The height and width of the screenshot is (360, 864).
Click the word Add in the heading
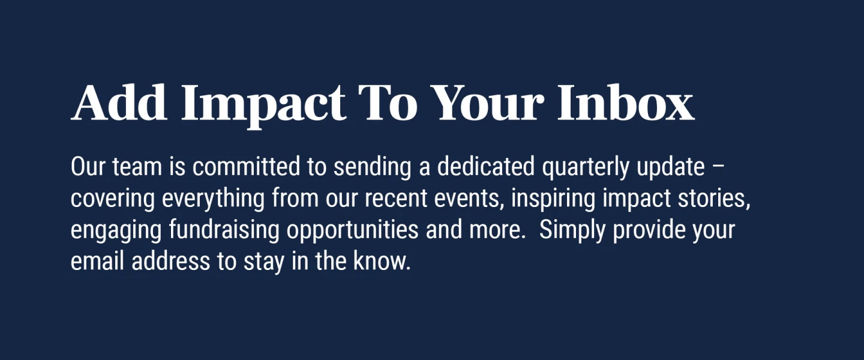tap(119, 102)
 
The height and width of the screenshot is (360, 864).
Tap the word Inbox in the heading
tap(626, 102)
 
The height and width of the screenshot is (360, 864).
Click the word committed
tap(246, 166)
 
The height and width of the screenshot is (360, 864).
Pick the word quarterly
tap(586, 168)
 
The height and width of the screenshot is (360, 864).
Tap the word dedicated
tap(486, 166)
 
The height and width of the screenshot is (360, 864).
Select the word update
tap(671, 168)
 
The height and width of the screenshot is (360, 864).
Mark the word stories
tap(714, 199)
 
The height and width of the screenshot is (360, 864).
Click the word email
tap(98, 261)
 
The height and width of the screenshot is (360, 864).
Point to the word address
tap(171, 261)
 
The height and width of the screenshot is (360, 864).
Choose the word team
tap(137, 167)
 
